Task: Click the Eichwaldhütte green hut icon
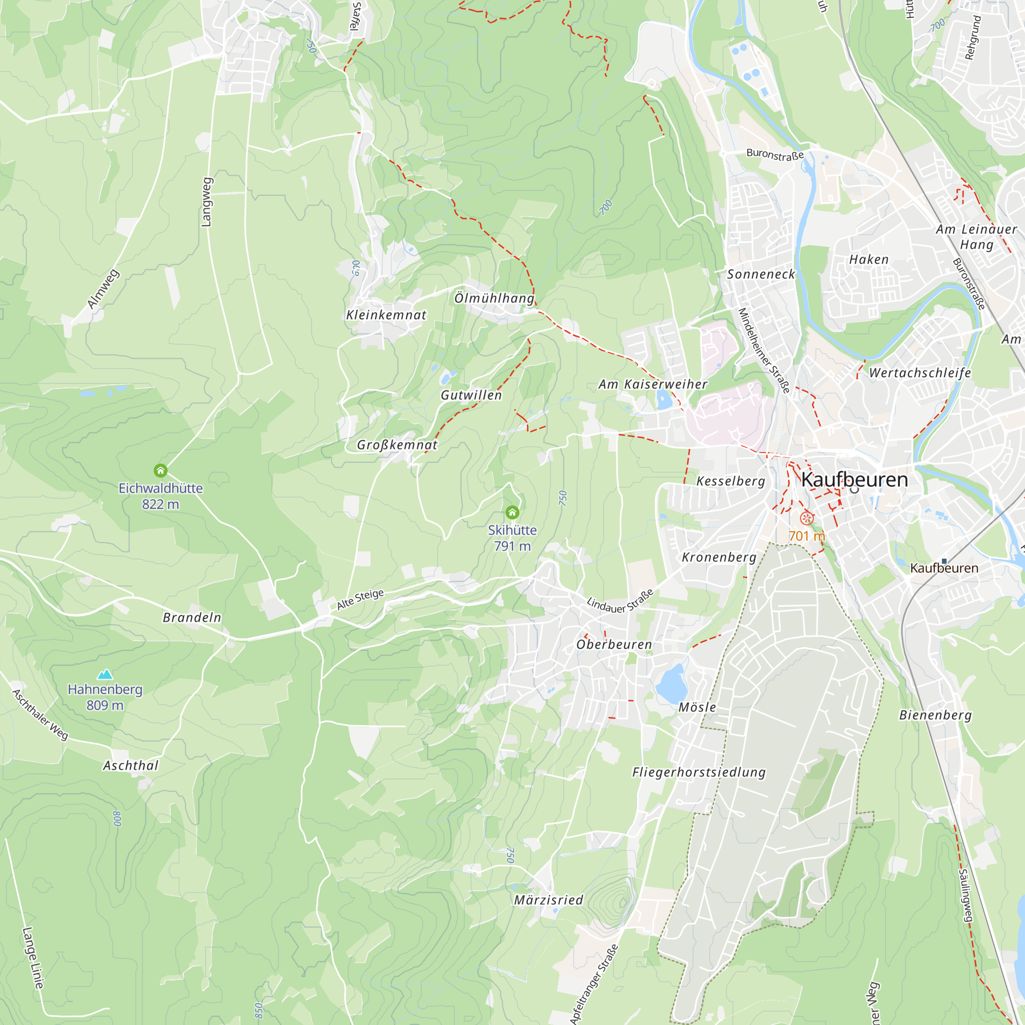pos(161,470)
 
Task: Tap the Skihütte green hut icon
pos(512,512)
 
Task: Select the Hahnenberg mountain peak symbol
pos(105,674)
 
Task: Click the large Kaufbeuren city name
pos(855,480)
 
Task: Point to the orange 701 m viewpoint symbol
pos(806,518)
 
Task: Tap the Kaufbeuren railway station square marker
pos(945,561)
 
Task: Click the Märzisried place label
pos(548,900)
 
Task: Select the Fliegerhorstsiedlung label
pos(699,772)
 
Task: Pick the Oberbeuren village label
pos(614,645)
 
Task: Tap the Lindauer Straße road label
pos(620,602)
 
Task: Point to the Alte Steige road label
pos(360,600)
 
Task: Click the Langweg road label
pos(207,202)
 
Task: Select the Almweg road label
pos(103,289)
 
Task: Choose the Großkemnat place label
pos(397,445)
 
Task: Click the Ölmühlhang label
pos(494,298)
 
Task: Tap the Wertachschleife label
pos(920,373)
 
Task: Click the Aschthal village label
pos(131,766)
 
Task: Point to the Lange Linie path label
pos(33,958)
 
